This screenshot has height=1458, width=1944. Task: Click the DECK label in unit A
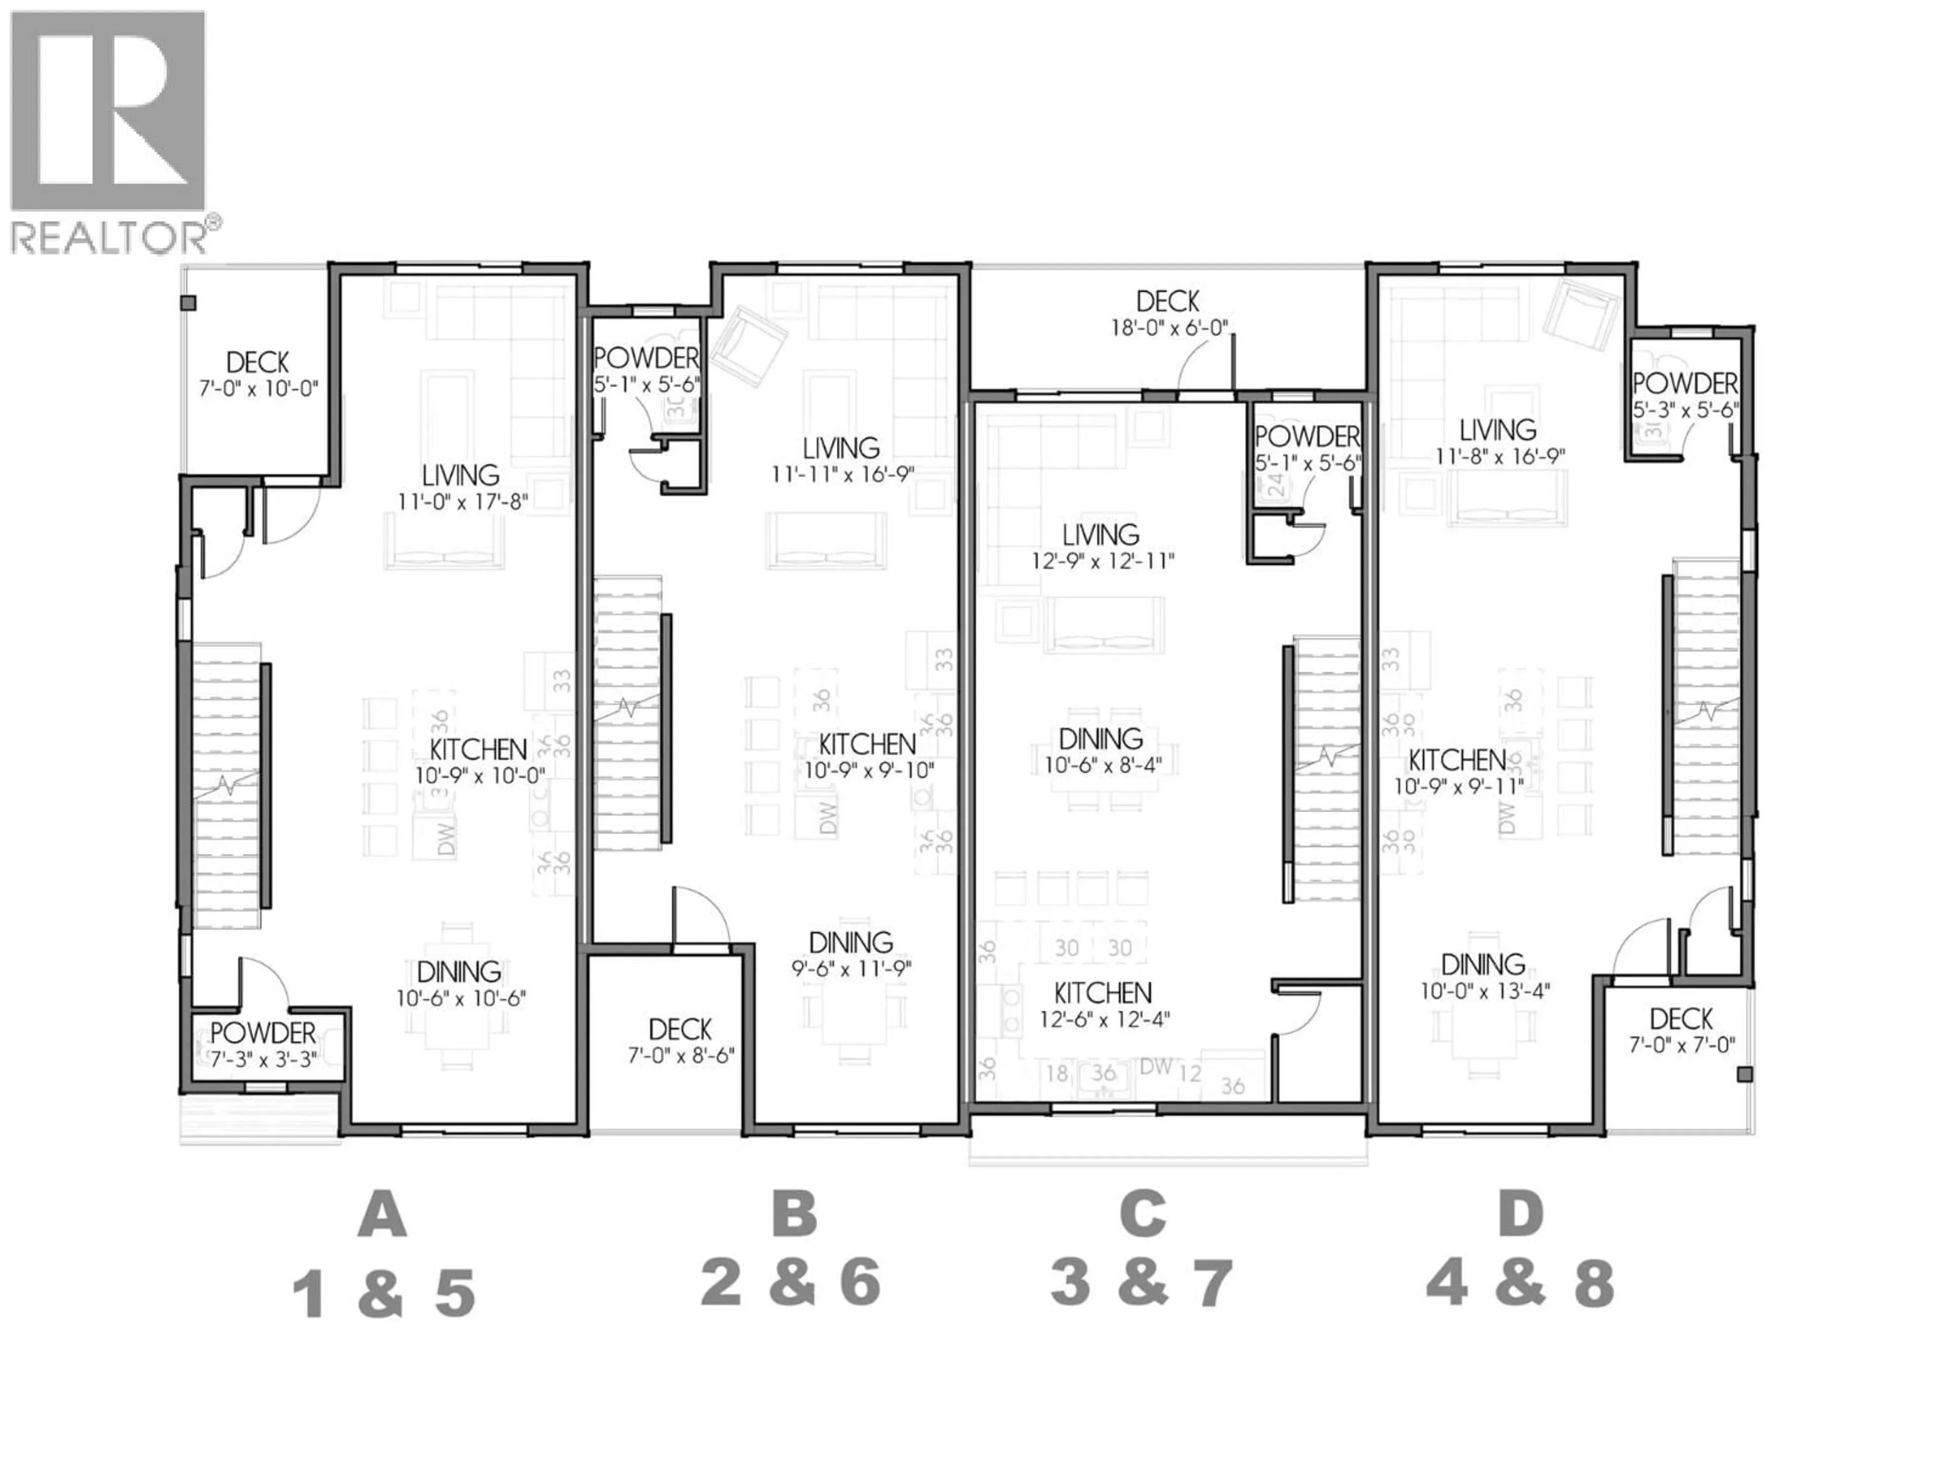click(x=258, y=362)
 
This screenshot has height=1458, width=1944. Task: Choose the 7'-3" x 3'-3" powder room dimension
click(x=263, y=1059)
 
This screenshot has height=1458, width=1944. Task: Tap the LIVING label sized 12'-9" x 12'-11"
click(x=1100, y=534)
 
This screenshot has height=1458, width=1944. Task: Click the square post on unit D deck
click(x=1745, y=1074)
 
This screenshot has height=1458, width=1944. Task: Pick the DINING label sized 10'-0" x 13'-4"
click(x=1483, y=964)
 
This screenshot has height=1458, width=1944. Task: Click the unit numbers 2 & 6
click(x=790, y=1284)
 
